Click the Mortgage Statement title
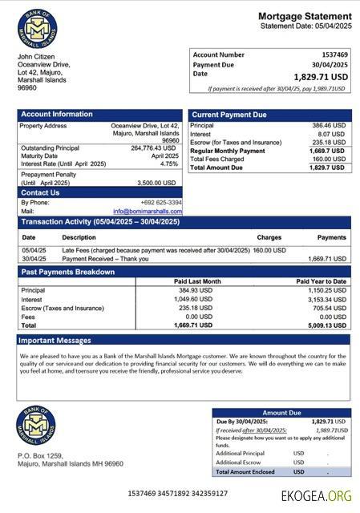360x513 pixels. click(304, 16)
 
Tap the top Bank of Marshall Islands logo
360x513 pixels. click(36, 28)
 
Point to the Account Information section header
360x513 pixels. click(57, 115)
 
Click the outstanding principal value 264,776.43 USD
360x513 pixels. click(153, 147)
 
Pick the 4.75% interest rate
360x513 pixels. click(168, 164)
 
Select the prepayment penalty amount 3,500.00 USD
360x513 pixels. click(157, 183)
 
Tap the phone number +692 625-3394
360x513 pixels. click(160, 203)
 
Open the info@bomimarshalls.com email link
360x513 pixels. click(147, 211)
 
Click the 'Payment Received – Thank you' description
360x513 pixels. click(106, 259)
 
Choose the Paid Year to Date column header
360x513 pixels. click(321, 281)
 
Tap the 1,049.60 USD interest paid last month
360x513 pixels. click(195, 299)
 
